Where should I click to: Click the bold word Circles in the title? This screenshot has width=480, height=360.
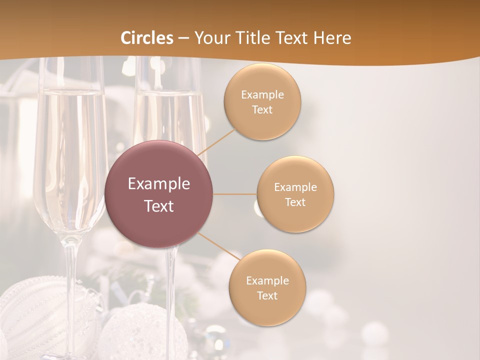pos(147,38)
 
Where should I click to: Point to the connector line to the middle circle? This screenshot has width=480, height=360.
pos(235,194)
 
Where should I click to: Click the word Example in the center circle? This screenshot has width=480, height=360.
pos(159,184)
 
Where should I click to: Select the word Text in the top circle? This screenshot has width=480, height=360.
pos(262,110)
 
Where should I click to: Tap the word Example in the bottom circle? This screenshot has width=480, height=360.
pos(267,280)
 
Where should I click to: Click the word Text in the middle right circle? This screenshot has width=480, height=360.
pos(295,202)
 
